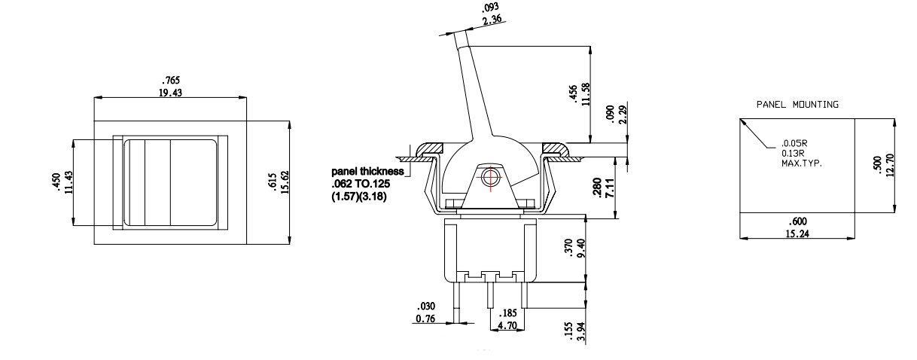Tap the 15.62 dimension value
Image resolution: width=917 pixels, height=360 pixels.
[285, 182]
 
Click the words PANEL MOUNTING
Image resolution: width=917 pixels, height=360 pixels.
[797, 105]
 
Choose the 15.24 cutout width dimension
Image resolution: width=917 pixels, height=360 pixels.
[797, 233]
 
